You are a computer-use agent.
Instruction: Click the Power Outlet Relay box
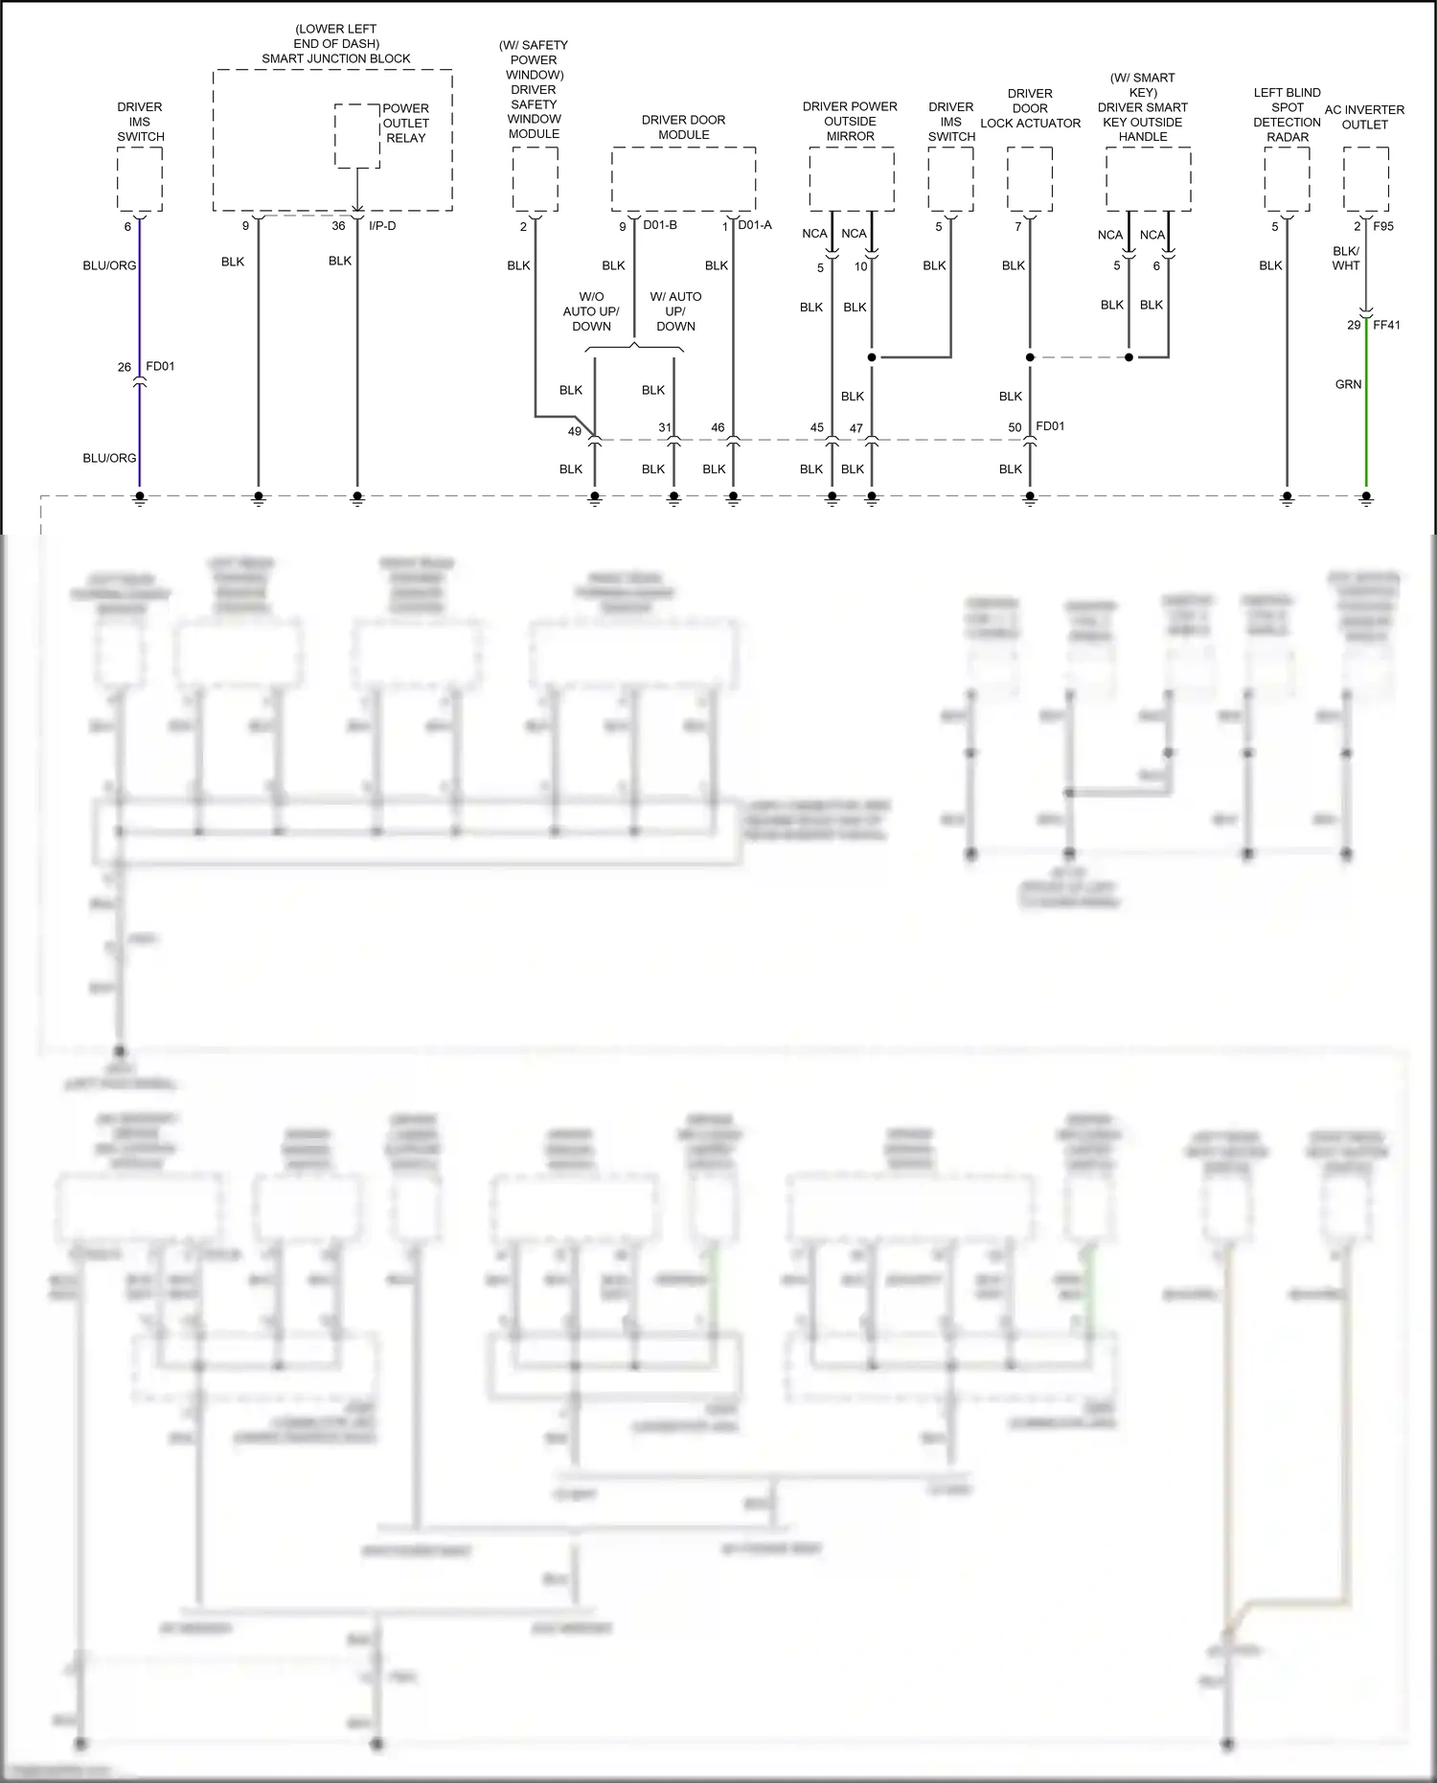click(356, 136)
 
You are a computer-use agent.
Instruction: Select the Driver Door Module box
click(683, 179)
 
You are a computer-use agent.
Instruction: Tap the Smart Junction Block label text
click(336, 58)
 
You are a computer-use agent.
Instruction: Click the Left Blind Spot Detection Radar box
click(1287, 179)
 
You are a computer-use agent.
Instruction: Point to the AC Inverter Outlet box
click(1365, 179)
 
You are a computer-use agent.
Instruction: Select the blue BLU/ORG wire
click(140, 316)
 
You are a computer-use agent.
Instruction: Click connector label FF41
click(1386, 325)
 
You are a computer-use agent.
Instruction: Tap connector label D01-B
click(660, 225)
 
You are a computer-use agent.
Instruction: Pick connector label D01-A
click(754, 225)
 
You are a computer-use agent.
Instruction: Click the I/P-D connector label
click(382, 226)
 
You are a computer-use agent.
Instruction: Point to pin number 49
click(575, 431)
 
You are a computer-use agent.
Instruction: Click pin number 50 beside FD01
click(1015, 427)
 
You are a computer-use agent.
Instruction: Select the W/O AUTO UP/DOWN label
click(591, 311)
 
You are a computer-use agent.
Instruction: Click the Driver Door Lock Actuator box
click(1030, 179)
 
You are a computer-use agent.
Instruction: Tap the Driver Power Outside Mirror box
click(851, 179)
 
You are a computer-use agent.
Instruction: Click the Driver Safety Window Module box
click(535, 179)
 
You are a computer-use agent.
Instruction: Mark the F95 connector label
click(1383, 227)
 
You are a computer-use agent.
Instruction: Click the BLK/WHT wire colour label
click(1346, 259)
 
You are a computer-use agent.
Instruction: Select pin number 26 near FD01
click(125, 367)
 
